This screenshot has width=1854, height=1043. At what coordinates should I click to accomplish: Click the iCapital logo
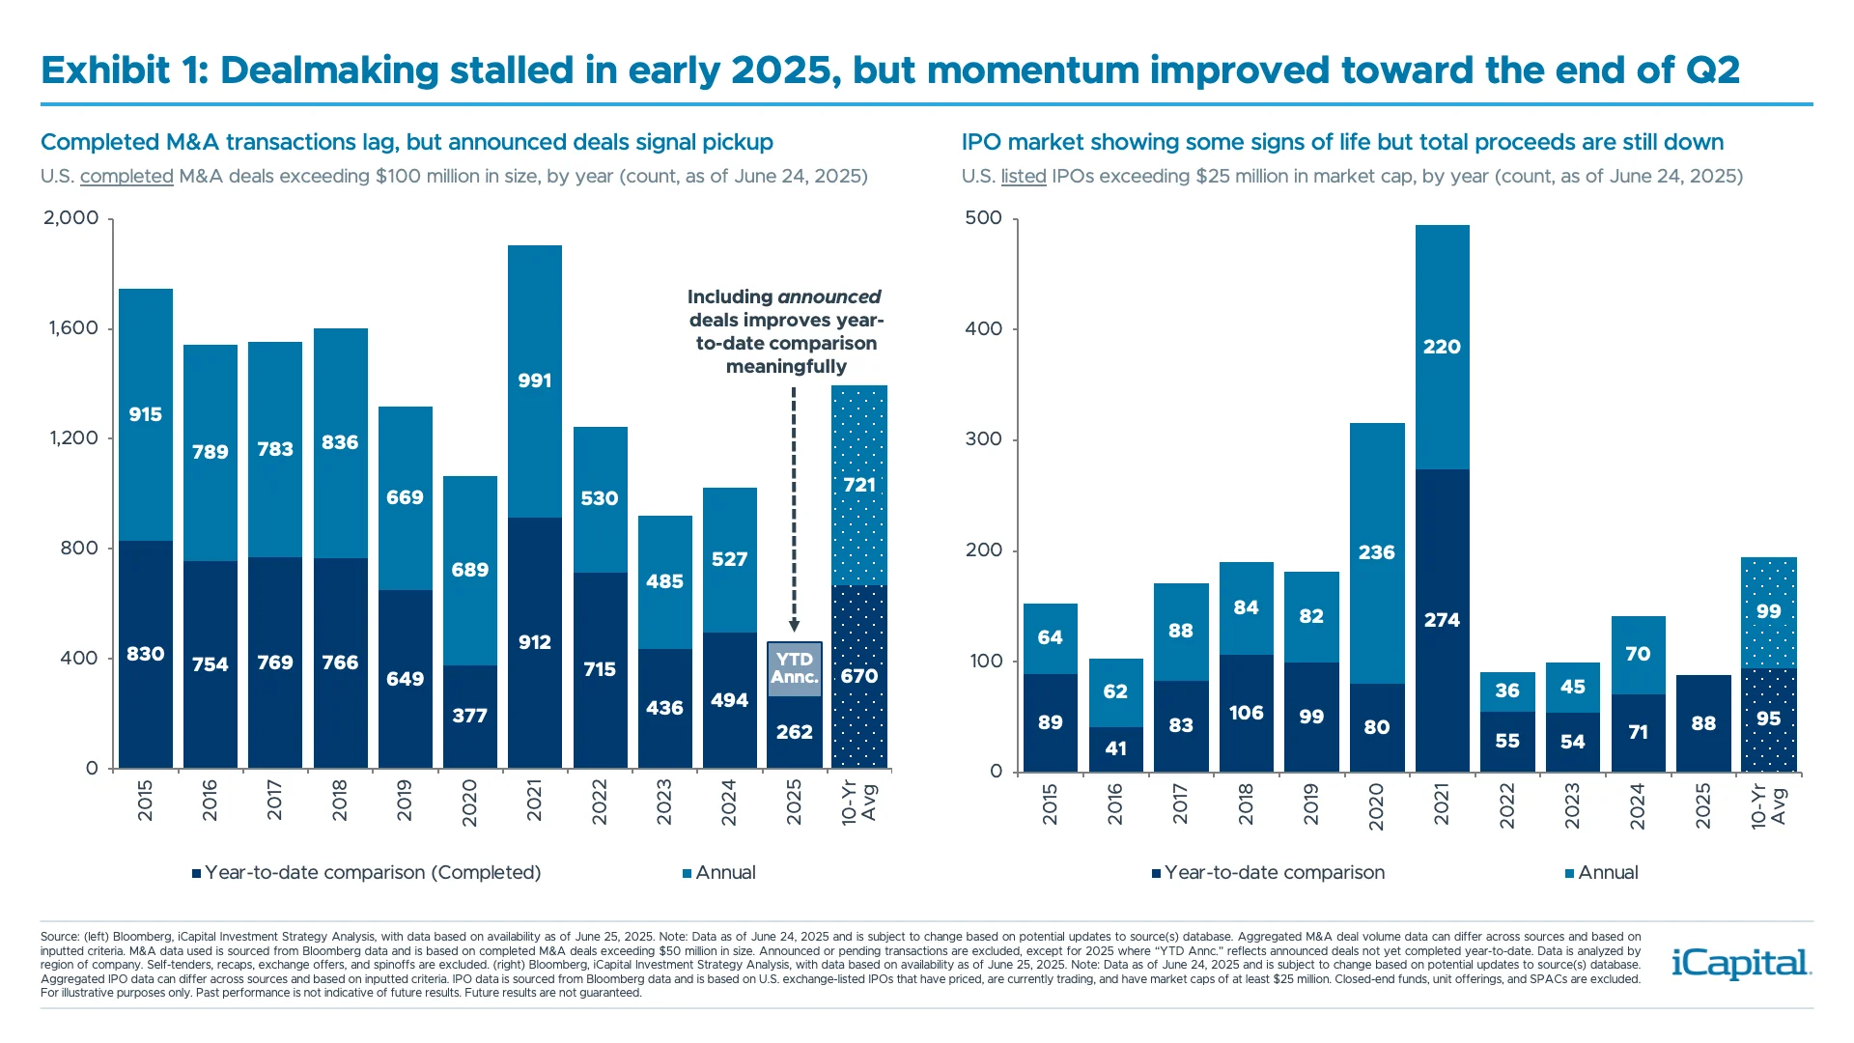pos(1741,964)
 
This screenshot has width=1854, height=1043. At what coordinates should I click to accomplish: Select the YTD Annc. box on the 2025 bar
pos(795,667)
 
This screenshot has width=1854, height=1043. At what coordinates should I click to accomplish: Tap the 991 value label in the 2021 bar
pos(534,381)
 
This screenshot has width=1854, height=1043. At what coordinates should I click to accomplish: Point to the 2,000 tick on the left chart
pos(71,218)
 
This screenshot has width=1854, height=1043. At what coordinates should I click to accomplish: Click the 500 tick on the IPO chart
pos(983,218)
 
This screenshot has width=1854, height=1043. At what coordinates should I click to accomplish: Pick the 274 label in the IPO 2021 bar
pos(1442,620)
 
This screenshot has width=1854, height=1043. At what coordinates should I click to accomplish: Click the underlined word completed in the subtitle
pos(126,177)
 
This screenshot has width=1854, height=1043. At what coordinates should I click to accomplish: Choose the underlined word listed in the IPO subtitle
pos(1024,177)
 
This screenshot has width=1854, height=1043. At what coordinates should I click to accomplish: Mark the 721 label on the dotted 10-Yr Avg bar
pos(859,485)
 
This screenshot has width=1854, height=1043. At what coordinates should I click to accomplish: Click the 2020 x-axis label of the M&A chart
pos(469,803)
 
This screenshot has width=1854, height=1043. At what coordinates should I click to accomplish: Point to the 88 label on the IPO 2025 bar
pos(1703,723)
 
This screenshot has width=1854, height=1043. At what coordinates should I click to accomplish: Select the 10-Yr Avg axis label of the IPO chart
pos(1769,806)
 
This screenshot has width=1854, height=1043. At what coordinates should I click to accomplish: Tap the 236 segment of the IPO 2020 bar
pos(1376,552)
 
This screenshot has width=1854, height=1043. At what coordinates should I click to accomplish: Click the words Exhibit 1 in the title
pos(124,70)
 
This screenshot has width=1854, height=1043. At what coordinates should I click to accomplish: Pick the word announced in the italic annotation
pos(830,297)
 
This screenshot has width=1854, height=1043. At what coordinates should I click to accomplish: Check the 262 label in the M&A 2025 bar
pos(794,732)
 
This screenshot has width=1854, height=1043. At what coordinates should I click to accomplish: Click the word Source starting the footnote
pos(58,937)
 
